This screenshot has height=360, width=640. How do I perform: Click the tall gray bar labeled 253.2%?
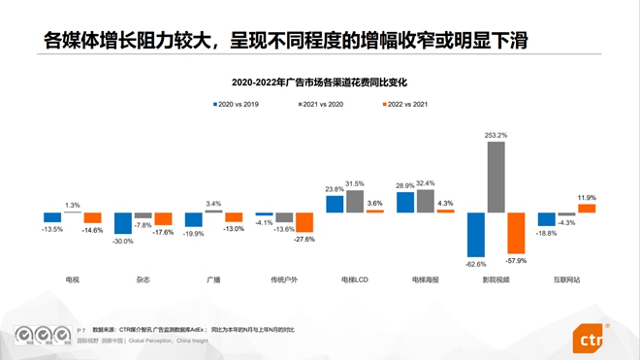(x=496, y=177)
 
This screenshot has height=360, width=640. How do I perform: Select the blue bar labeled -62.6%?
(x=475, y=234)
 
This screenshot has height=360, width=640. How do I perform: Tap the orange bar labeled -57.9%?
(x=516, y=232)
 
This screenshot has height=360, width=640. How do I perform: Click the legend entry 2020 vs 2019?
(x=238, y=102)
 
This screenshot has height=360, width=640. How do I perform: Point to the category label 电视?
(x=72, y=279)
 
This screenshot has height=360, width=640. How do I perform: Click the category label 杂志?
(x=143, y=279)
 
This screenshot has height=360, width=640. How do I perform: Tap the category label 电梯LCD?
(x=355, y=279)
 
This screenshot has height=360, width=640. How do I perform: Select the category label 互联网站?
(x=566, y=279)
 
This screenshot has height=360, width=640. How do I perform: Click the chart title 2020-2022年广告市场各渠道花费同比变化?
(x=319, y=81)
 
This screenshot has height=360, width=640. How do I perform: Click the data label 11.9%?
(x=587, y=198)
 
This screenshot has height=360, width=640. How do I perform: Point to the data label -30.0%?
(x=122, y=241)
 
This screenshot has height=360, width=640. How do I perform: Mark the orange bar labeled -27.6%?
(x=304, y=222)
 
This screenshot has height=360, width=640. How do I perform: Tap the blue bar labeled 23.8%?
(x=335, y=204)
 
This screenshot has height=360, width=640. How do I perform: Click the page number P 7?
(x=80, y=331)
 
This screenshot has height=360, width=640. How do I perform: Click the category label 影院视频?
(x=496, y=279)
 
